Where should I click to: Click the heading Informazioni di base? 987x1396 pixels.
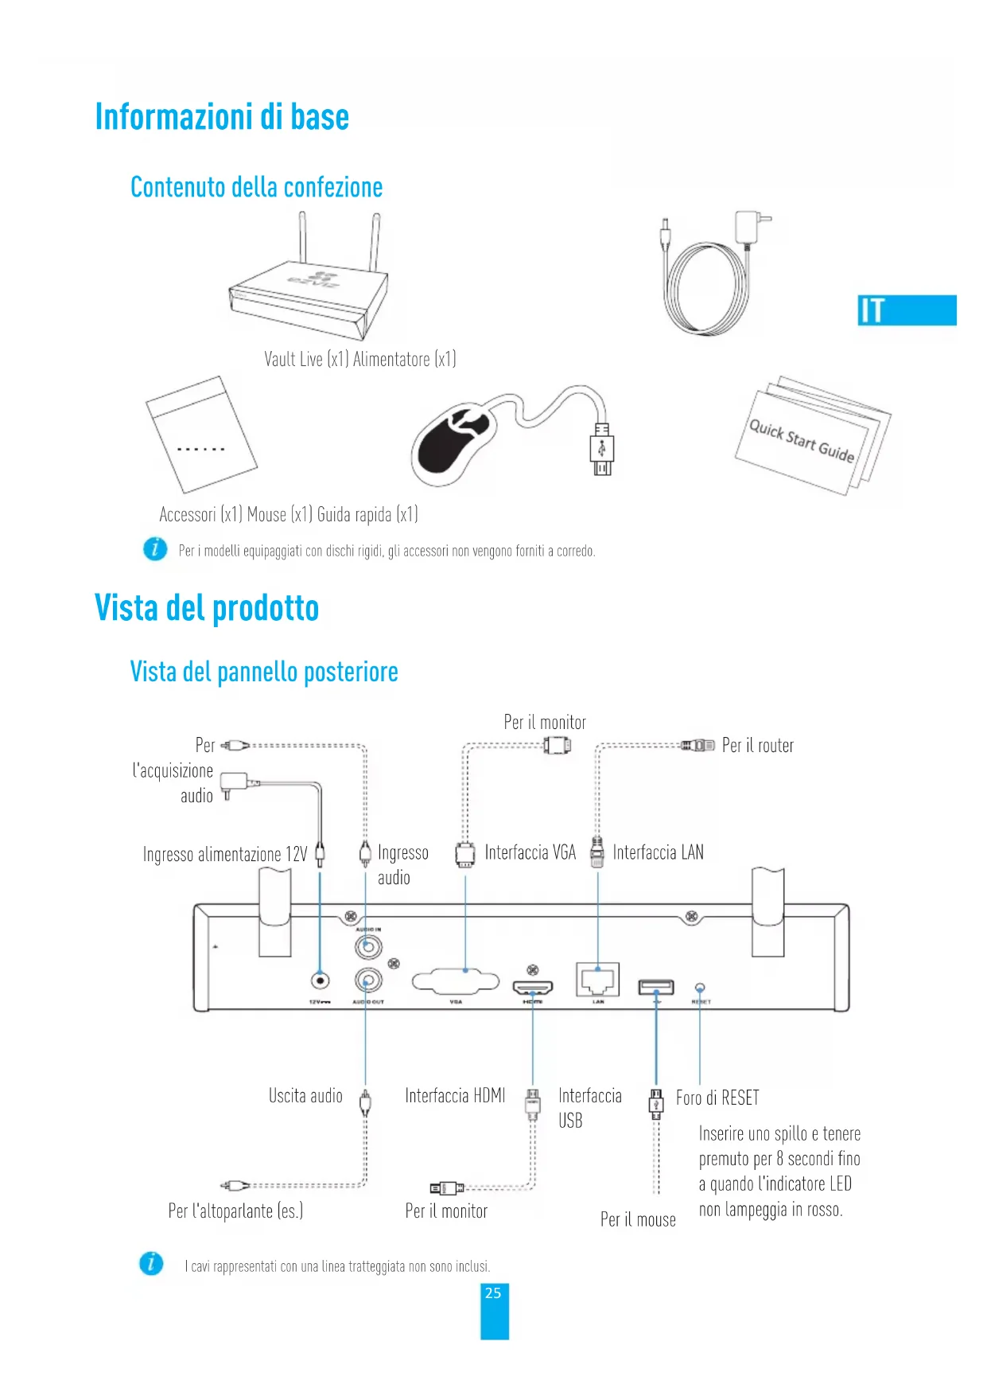pyautogui.click(x=222, y=117)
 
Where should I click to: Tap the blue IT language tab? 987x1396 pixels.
pyautogui.click(x=906, y=310)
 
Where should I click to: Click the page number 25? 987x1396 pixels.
pyautogui.click(x=493, y=1293)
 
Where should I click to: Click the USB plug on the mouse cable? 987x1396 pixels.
pyautogui.click(x=602, y=450)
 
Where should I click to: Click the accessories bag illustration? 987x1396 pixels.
pyautogui.click(x=200, y=435)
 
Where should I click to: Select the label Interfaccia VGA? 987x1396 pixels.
pyautogui.click(x=530, y=852)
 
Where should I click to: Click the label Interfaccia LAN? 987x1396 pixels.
pyautogui.click(x=658, y=852)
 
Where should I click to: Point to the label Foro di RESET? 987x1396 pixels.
pyautogui.click(x=717, y=1098)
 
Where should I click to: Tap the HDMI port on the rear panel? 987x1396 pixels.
pyautogui.click(x=532, y=989)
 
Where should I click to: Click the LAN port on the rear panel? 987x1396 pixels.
pyautogui.click(x=597, y=979)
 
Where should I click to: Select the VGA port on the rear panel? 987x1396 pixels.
pyautogui.click(x=456, y=981)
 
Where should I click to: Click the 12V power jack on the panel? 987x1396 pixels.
pyautogui.click(x=320, y=980)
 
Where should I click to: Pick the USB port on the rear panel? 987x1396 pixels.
pyautogui.click(x=656, y=988)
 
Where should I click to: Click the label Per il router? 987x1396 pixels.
pyautogui.click(x=757, y=746)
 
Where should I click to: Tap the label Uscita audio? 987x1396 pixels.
pyautogui.click(x=305, y=1096)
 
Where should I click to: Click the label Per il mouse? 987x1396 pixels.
pyautogui.click(x=638, y=1219)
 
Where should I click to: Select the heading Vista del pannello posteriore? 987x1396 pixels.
pyautogui.click(x=264, y=672)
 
